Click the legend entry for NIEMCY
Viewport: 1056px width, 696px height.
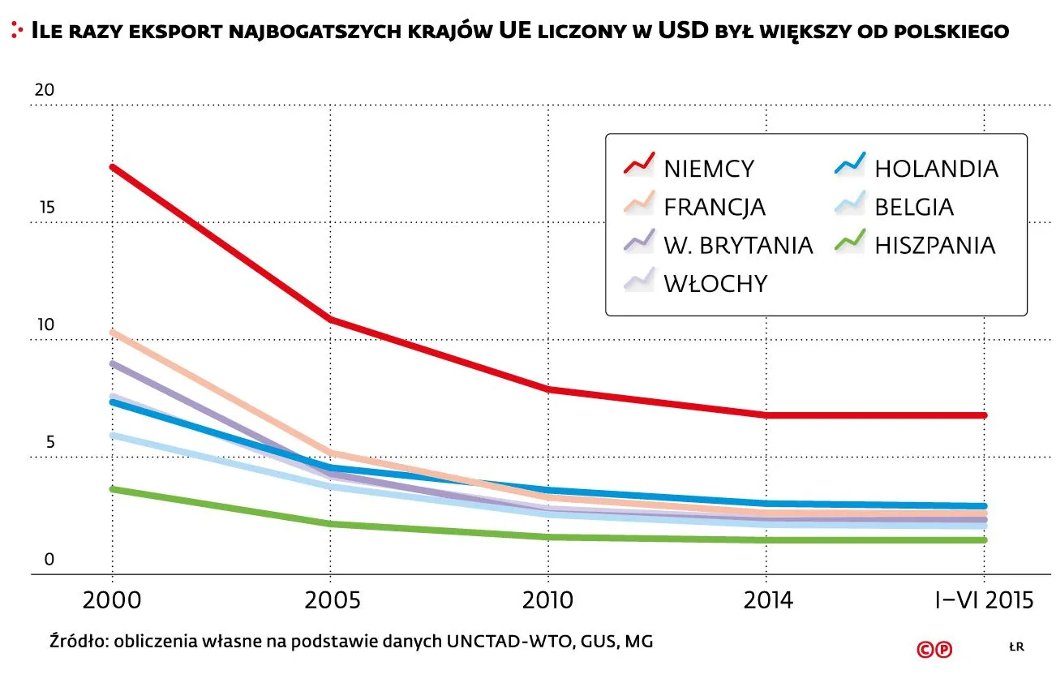[708, 169]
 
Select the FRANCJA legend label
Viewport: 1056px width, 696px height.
[714, 207]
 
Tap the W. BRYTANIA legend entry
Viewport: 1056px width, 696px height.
[737, 244]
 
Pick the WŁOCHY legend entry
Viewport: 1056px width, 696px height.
[715, 283]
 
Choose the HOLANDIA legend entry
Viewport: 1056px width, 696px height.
[935, 169]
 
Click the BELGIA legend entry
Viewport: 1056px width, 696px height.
[913, 207]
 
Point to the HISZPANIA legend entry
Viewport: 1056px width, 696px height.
[934, 244]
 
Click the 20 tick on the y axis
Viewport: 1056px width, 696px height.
[44, 90]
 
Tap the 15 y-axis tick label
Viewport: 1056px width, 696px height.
[44, 208]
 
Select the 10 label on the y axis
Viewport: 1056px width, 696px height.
[44, 325]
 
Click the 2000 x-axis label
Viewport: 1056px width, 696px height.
[113, 601]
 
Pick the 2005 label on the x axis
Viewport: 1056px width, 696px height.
[331, 601]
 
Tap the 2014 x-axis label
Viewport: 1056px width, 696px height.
[766, 601]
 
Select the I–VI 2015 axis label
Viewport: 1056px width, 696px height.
[984, 601]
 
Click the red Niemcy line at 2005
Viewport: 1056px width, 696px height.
[331, 319]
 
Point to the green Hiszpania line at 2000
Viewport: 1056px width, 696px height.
[113, 489]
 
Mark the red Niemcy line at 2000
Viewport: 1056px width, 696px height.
[113, 167]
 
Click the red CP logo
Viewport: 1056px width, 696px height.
[934, 649]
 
